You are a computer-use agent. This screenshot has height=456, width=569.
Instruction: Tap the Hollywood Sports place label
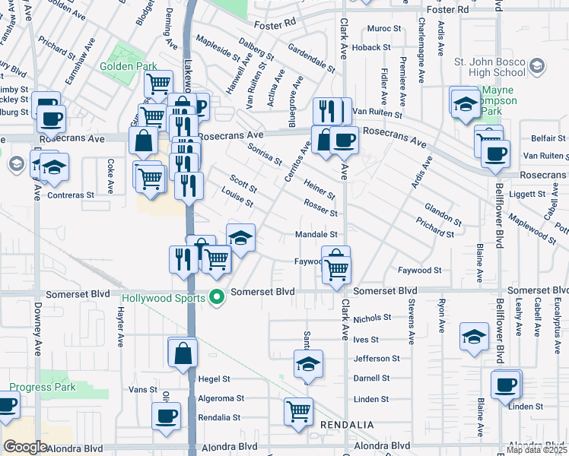[164, 297]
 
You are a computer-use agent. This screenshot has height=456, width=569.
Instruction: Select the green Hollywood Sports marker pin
[217, 297]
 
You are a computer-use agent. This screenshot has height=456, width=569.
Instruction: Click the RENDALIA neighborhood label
[347, 423]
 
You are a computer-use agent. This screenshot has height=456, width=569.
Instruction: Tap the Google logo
[25, 447]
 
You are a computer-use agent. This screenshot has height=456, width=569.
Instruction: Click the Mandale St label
[316, 235]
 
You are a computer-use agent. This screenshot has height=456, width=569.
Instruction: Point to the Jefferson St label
[377, 358]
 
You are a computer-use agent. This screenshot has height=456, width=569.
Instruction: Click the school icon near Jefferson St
[308, 364]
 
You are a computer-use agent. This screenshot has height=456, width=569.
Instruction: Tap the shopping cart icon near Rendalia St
[298, 411]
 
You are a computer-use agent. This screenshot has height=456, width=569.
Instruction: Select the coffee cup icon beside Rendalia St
[166, 416]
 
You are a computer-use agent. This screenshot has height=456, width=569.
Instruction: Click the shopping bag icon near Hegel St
[183, 353]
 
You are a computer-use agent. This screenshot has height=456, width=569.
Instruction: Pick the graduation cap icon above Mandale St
[240, 238]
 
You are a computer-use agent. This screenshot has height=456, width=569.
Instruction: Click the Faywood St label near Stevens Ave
[420, 271]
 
